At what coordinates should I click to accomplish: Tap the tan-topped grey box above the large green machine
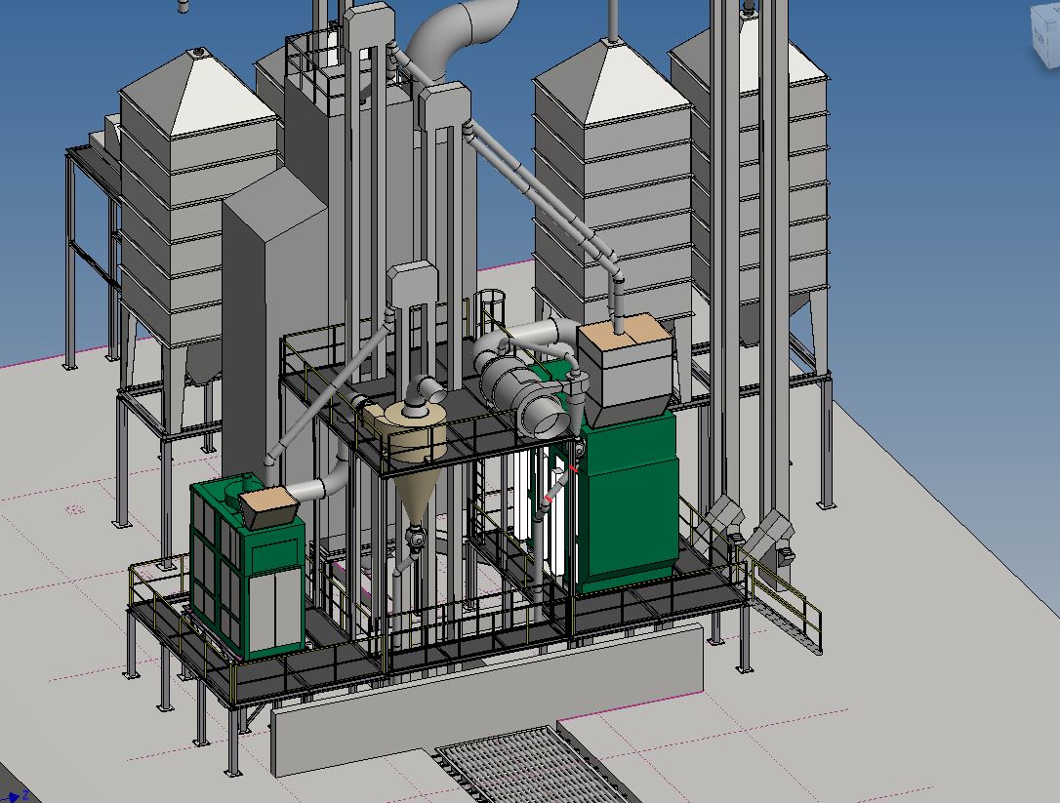point(625,366)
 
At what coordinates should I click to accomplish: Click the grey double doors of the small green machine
point(279,610)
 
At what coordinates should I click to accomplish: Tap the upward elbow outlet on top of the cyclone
point(428,390)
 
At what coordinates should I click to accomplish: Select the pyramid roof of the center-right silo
point(612,83)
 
